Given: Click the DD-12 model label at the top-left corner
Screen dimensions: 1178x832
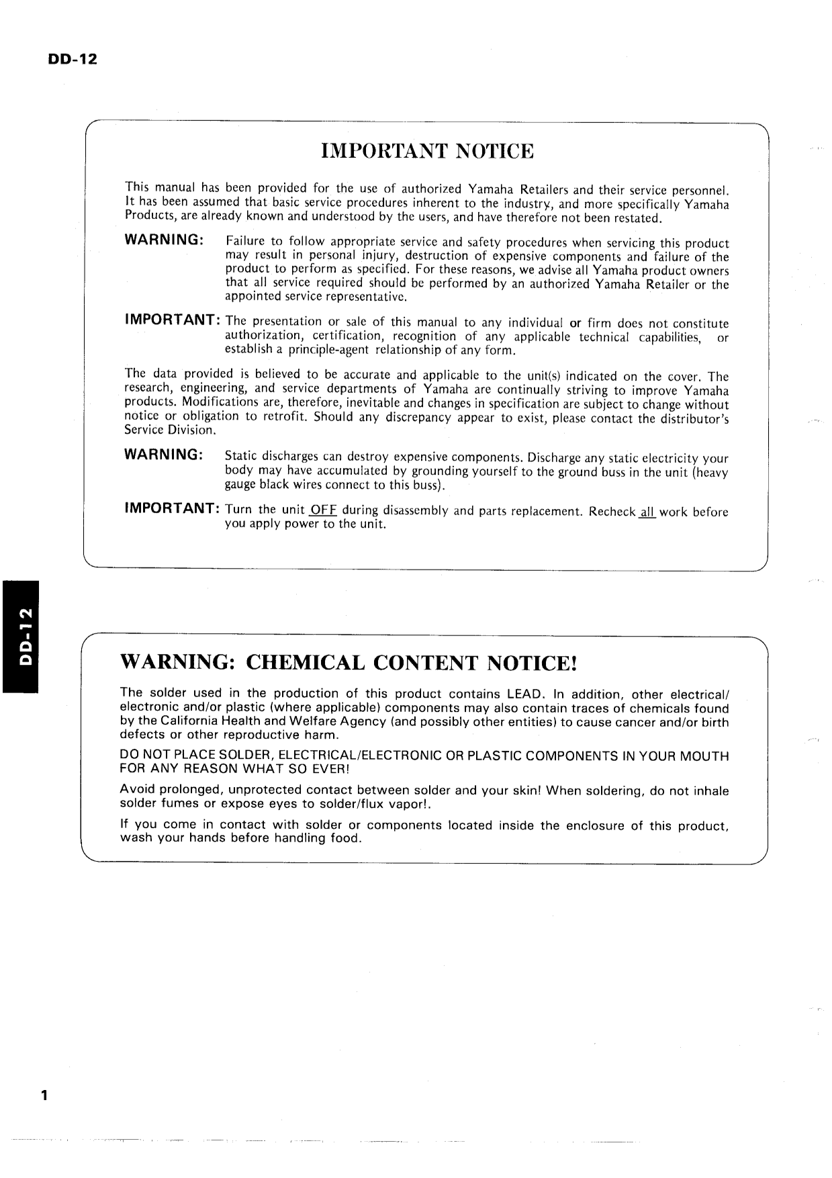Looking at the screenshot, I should (x=72, y=59).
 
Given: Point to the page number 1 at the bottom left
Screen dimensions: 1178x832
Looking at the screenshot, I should (x=44, y=1096).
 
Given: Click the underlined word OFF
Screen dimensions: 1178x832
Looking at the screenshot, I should (x=323, y=510).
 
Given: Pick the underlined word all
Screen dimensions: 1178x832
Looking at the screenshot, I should (x=647, y=512).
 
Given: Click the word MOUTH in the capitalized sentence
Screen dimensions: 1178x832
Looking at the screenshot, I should (x=705, y=756).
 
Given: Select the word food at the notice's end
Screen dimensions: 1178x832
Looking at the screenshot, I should (x=345, y=839).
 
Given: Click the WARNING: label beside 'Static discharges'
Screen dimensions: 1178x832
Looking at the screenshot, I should (x=164, y=455).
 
